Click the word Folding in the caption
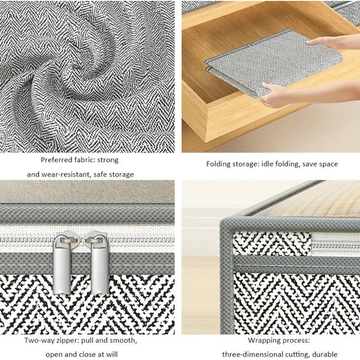(x=218, y=164)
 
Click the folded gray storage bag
(x=273, y=63)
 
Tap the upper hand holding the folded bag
(x=333, y=42)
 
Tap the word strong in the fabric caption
(x=108, y=160)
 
